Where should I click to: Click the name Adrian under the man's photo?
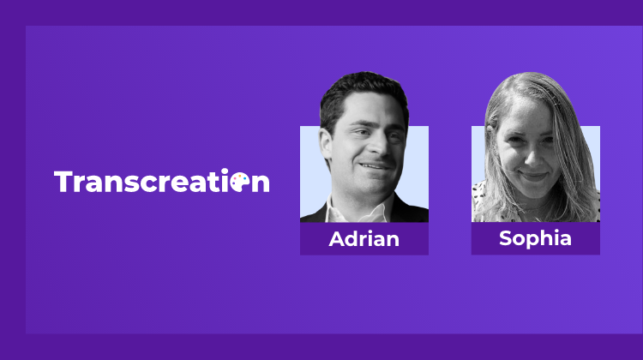click(x=364, y=239)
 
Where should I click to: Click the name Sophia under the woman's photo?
click(x=535, y=238)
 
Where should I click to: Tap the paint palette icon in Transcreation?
click(x=240, y=182)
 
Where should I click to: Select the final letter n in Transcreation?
click(x=261, y=184)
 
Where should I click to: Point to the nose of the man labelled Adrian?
click(x=378, y=146)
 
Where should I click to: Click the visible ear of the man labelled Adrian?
click(x=326, y=144)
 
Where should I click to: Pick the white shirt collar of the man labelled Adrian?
click(x=356, y=210)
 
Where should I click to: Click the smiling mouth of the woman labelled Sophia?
click(x=532, y=176)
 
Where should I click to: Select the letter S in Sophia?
click(x=506, y=238)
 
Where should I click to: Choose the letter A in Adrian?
click(x=338, y=239)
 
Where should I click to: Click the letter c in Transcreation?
click(x=148, y=184)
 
